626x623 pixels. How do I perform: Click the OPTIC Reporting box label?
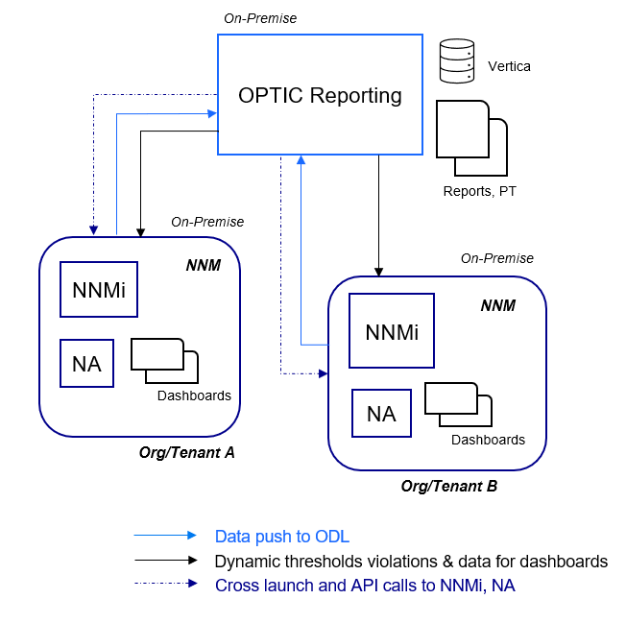[320, 96]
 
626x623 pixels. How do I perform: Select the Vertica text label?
[509, 66]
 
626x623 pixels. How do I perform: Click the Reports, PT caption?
[479, 191]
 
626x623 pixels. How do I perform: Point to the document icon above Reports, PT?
[470, 134]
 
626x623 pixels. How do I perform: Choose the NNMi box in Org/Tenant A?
[98, 289]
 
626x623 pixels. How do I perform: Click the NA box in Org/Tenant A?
[86, 363]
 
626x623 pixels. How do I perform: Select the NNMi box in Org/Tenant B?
[392, 331]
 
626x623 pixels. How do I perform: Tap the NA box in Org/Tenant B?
[381, 414]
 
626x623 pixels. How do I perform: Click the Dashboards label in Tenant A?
[194, 395]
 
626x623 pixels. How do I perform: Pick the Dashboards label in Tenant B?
[488, 440]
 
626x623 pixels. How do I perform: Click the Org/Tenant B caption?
[449, 486]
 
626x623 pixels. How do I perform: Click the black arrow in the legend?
[164, 561]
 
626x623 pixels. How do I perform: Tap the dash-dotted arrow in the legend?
[164, 584]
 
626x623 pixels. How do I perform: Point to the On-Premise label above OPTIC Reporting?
[260, 18]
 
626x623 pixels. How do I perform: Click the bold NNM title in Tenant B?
[497, 306]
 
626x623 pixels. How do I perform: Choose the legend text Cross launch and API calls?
[365, 585]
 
